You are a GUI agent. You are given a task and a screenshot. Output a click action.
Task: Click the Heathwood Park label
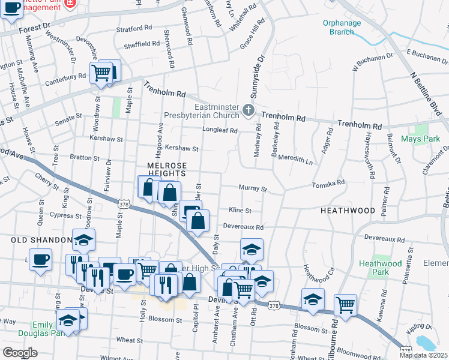(380, 268)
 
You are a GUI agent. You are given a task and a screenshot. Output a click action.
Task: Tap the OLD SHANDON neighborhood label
(41, 240)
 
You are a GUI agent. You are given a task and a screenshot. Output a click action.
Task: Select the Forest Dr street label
(34, 28)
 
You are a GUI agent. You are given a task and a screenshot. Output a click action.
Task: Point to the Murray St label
(253, 188)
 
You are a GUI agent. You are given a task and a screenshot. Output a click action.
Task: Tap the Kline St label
(240, 211)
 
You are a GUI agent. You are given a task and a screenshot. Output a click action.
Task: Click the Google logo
(20, 353)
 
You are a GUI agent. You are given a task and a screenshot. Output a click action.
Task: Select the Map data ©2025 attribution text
(423, 355)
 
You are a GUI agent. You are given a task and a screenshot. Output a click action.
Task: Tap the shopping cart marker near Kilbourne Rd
(346, 304)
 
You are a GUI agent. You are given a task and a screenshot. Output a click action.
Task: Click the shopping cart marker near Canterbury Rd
(101, 73)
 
